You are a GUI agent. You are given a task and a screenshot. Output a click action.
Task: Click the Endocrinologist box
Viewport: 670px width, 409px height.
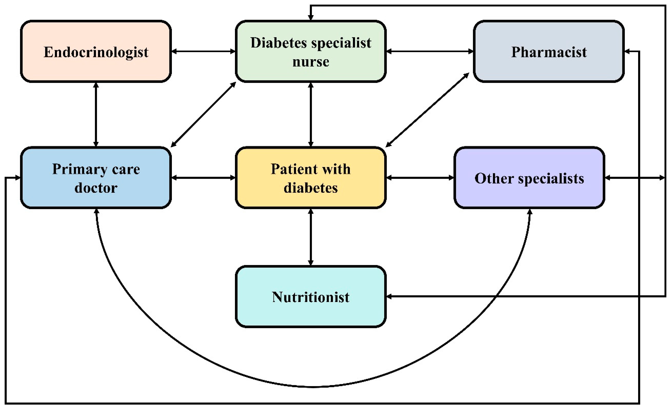(x=96, y=51)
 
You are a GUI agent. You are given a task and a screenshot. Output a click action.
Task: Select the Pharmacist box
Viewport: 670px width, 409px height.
(x=549, y=51)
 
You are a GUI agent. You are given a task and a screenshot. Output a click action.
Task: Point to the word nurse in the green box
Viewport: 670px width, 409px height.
(x=310, y=62)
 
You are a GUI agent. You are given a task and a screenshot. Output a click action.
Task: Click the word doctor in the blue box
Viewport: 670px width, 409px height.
(x=96, y=188)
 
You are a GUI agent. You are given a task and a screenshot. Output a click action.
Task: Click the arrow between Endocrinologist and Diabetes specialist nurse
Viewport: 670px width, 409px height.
(x=203, y=51)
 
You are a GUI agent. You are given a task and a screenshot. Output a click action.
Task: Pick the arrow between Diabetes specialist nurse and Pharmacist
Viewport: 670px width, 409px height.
(x=430, y=51)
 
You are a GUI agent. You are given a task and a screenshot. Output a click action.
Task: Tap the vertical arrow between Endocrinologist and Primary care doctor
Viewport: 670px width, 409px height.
(x=96, y=114)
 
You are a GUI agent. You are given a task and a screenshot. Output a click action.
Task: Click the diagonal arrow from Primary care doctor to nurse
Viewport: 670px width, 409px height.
(x=203, y=114)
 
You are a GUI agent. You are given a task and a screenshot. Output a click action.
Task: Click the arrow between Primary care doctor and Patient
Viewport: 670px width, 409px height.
(x=203, y=178)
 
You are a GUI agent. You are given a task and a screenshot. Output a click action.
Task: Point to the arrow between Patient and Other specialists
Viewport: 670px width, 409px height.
(x=420, y=178)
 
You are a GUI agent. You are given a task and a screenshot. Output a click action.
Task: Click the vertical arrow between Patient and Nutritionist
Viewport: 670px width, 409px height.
(x=310, y=237)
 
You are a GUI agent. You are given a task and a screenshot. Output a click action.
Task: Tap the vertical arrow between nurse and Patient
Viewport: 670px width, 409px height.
(x=310, y=114)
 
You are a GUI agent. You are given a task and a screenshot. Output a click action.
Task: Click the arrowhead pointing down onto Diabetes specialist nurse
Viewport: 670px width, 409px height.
(x=310, y=17)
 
